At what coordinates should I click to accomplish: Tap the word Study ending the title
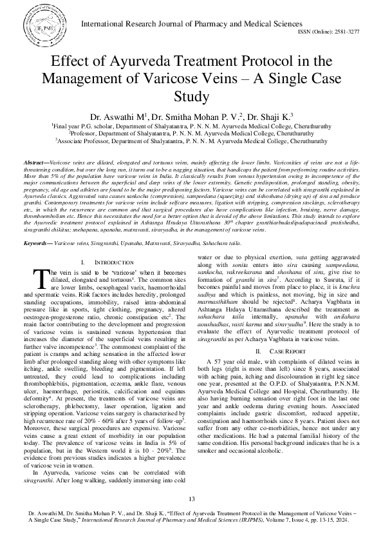pyautogui.click(x=192, y=97)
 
